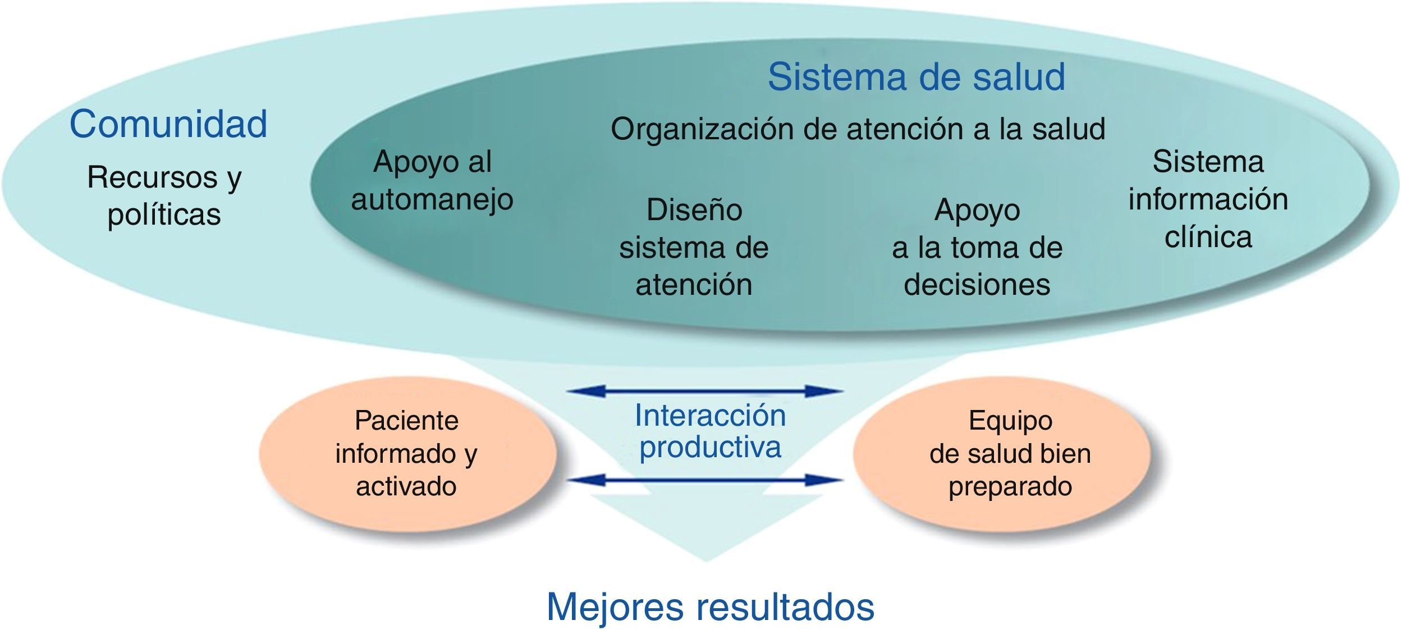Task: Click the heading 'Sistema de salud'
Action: [916, 76]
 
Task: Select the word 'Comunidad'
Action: [168, 124]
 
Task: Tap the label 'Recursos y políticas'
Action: [164, 195]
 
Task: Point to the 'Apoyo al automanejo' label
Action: [432, 180]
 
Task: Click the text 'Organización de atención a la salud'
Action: [858, 129]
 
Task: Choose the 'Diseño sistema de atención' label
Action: [694, 247]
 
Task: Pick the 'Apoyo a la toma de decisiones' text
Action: [977, 247]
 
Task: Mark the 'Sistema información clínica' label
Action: [1208, 199]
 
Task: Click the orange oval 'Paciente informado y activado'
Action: [407, 453]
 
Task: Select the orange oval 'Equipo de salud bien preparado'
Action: [1010, 453]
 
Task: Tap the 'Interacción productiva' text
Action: [710, 431]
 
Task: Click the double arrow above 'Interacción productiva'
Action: [705, 391]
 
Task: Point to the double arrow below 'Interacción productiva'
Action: [705, 480]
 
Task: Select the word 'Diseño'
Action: [694, 210]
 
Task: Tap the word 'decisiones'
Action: [977, 284]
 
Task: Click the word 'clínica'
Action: [1208, 237]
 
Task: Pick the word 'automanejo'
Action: [432, 199]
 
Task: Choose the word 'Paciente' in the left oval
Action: [407, 421]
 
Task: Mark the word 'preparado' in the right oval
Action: [1010, 486]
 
